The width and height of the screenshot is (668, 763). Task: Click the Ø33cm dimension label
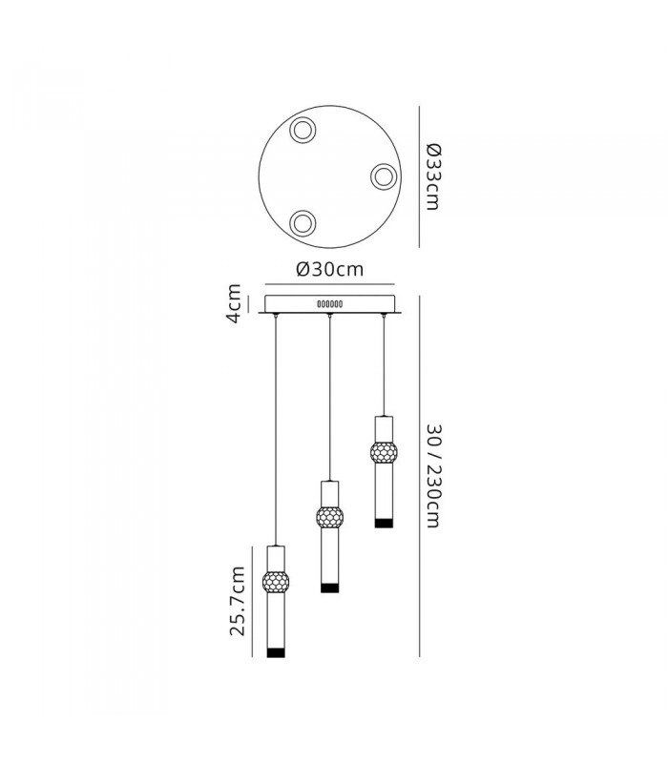coord(433,176)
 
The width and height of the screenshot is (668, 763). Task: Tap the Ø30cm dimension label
coord(330,269)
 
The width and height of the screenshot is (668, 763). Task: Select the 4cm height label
coord(234,303)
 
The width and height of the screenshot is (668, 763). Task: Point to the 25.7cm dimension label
coord(237,601)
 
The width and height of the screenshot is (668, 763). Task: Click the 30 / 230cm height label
coord(433,475)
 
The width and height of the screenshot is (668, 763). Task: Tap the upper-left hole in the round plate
coord(303,130)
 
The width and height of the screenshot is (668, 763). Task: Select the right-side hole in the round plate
coord(384,176)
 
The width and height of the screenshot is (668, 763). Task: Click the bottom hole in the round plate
coord(303,223)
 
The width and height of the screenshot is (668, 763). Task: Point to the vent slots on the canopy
coord(330,304)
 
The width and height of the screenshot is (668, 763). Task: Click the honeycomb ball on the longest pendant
coord(276,581)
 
